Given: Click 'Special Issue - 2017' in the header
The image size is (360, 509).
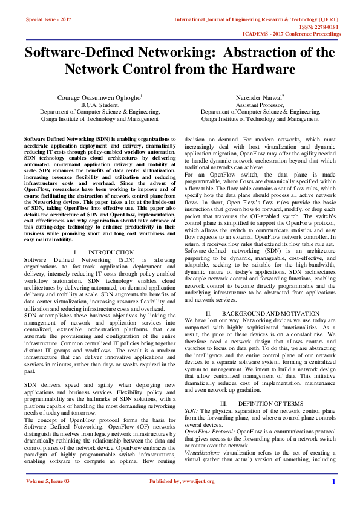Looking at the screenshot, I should [48, 20].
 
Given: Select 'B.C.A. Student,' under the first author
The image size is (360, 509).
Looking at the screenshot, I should [100, 105].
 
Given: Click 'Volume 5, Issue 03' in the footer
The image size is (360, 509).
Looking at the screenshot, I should [48, 498].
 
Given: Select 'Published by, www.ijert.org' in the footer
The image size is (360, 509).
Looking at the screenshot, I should [180, 498].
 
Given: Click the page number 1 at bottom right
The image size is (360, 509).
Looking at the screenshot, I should [333, 498].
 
